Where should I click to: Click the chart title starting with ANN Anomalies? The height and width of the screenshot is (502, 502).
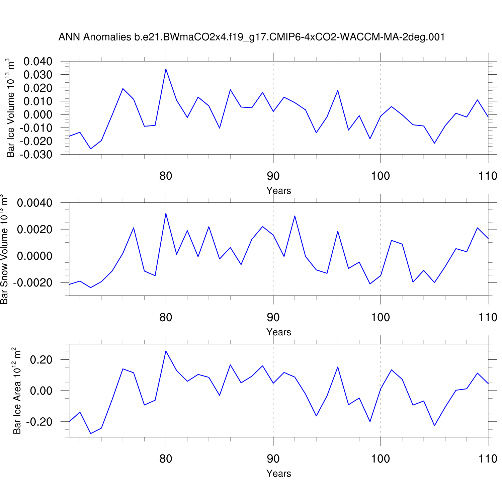[252, 37]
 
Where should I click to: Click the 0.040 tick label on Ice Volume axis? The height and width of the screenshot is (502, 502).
[38, 62]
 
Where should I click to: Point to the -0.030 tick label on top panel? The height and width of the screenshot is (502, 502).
[36, 155]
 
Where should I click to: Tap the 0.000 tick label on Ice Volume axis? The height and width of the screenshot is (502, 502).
[38, 114]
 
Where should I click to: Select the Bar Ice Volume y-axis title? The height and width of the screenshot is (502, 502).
[10, 108]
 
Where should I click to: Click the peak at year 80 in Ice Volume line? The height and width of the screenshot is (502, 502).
[166, 69]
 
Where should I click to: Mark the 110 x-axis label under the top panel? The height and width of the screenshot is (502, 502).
[488, 176]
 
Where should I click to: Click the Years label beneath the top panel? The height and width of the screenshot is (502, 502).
[278, 191]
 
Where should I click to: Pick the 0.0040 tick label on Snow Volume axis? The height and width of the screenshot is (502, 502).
[35, 203]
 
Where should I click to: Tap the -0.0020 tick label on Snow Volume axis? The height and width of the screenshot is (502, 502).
[33, 283]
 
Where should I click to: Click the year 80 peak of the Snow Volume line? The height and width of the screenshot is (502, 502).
[166, 214]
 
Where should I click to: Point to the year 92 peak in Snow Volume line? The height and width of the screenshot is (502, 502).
[295, 216]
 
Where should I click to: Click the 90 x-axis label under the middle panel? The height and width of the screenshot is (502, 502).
[273, 318]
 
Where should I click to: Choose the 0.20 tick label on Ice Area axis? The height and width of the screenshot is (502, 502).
[41, 360]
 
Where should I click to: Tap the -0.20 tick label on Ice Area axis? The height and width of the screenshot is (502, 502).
[39, 422]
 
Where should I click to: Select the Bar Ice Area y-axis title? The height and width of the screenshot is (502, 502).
[17, 391]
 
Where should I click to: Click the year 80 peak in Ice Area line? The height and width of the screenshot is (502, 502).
[166, 351]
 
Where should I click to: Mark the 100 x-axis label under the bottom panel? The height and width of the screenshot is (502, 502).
[380, 459]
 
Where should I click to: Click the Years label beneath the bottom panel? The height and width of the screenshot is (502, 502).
[278, 474]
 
